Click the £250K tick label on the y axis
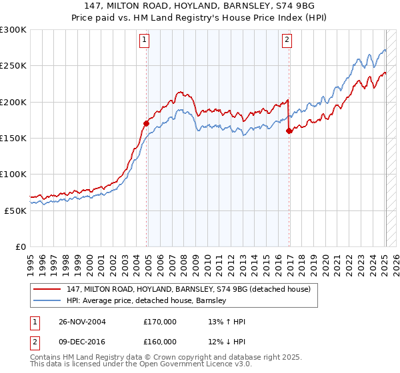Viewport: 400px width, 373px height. [x=13, y=66]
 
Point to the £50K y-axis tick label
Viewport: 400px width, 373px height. [x=15, y=210]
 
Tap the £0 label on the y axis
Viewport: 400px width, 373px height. [x=20, y=246]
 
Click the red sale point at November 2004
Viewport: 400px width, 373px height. [x=146, y=123]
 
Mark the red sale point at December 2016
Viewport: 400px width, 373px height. [x=289, y=131]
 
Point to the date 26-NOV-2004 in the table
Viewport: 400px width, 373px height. [x=81, y=322]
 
